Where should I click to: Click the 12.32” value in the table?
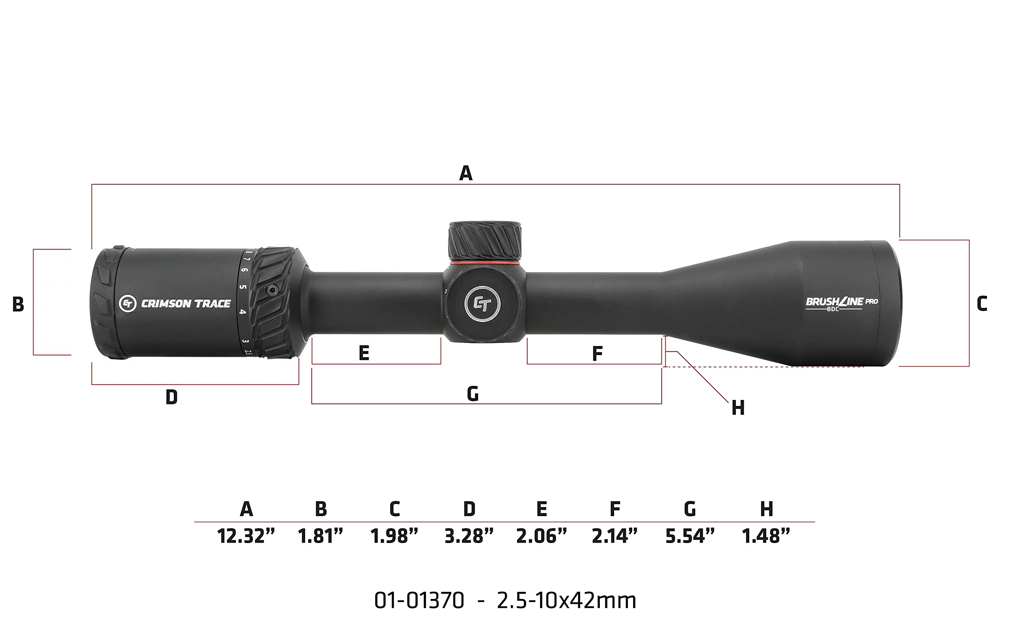click(x=246, y=536)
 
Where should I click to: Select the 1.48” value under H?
click(x=765, y=536)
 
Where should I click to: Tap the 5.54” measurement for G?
click(x=690, y=536)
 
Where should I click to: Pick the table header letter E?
click(x=541, y=509)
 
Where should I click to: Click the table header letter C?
click(x=395, y=509)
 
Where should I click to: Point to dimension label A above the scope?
click(x=466, y=173)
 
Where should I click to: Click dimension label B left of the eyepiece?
click(x=18, y=305)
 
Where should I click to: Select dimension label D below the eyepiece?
click(x=171, y=397)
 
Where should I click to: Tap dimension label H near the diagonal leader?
click(x=738, y=408)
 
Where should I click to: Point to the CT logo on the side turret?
click(x=482, y=304)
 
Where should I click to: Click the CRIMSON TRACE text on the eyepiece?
click(x=186, y=304)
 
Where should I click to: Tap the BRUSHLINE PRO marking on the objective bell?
click(x=841, y=302)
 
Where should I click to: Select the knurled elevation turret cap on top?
click(x=484, y=241)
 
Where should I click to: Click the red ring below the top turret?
click(x=484, y=263)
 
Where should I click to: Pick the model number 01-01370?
click(x=419, y=601)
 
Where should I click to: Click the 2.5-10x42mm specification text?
click(x=566, y=601)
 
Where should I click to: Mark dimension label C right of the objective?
click(x=981, y=304)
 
